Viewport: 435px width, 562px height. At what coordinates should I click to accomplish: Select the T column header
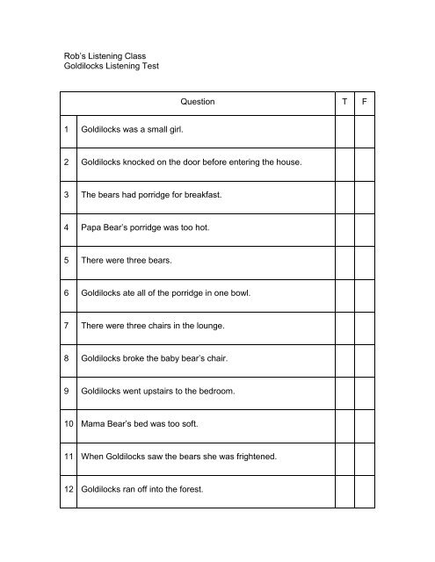coord(344,102)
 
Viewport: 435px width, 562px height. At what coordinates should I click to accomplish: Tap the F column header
coord(364,102)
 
